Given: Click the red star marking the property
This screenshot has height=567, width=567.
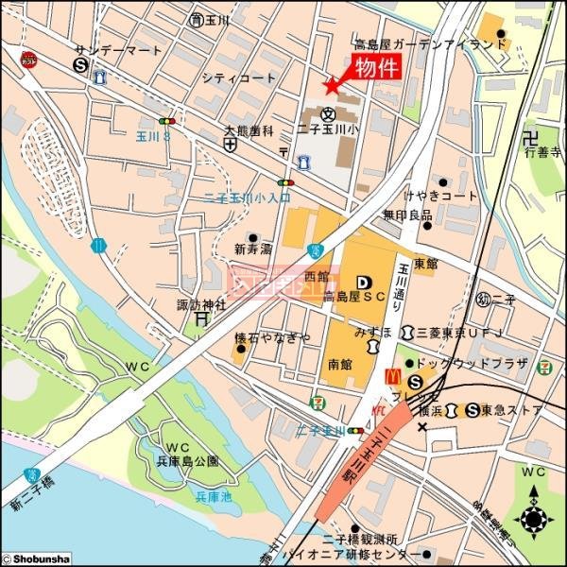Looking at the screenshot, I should [331, 86].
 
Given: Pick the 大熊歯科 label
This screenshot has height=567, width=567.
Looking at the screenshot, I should [249, 130].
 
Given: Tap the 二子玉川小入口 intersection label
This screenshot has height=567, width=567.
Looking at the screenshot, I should [248, 198].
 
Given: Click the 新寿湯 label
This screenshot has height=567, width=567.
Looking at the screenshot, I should [252, 250].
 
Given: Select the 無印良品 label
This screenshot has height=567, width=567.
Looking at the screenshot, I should [407, 215].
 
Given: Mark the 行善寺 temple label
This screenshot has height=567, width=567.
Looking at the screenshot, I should [544, 150].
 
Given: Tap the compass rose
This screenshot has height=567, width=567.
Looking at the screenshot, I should [535, 519].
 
